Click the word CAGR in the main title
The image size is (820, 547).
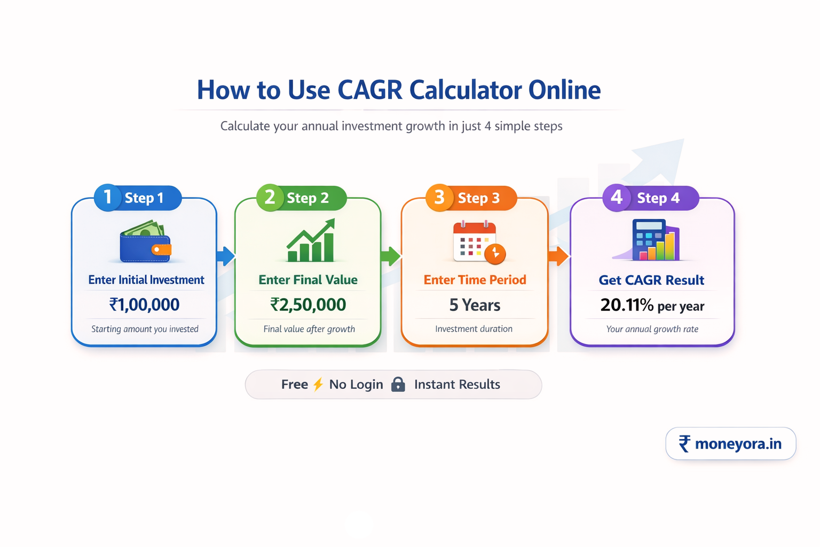(x=369, y=90)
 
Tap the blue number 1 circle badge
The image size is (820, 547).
(x=107, y=197)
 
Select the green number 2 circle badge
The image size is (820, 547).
(x=270, y=197)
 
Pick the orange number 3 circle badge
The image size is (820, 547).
(x=439, y=197)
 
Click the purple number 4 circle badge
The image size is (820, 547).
(x=616, y=197)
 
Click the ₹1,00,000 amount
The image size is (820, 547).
(x=144, y=304)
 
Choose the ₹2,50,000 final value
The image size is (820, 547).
(x=308, y=304)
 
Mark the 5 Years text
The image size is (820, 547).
(x=475, y=305)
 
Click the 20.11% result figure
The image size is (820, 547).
(x=627, y=305)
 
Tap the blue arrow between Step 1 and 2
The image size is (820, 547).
(x=226, y=256)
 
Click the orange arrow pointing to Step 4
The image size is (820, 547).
(x=558, y=256)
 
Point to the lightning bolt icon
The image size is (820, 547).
(x=318, y=384)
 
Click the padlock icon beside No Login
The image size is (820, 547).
(x=398, y=384)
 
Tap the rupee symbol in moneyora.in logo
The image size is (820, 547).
(x=684, y=443)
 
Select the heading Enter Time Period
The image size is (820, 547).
(x=475, y=280)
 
